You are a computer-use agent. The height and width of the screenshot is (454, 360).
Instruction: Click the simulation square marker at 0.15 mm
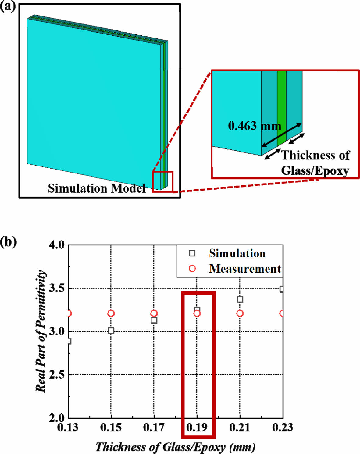111,331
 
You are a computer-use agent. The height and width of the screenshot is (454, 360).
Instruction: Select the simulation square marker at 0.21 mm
240,299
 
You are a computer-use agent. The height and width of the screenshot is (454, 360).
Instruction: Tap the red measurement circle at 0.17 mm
154,313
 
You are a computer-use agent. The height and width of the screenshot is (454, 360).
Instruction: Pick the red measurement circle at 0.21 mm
240,313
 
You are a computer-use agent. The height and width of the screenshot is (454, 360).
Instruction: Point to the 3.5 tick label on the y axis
57,288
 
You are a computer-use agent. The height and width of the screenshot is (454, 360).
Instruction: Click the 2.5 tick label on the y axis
57,375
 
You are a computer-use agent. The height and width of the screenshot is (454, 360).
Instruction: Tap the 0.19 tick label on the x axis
197,427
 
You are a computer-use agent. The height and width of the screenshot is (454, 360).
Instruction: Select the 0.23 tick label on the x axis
283,427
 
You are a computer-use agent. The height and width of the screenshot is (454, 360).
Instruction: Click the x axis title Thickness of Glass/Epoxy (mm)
175,447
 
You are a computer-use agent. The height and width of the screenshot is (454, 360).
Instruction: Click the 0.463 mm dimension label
255,126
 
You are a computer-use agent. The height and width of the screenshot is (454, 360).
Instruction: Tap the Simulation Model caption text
97,188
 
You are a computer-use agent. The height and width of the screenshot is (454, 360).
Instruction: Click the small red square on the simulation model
163,182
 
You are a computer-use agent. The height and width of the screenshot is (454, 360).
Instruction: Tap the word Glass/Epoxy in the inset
315,170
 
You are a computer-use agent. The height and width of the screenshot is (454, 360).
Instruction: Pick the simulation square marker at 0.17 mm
154,320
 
